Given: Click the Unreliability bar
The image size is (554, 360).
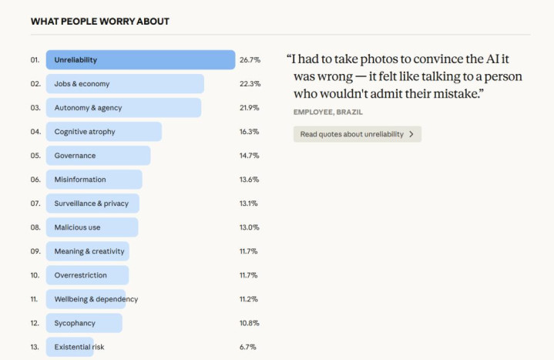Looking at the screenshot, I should point(140,60).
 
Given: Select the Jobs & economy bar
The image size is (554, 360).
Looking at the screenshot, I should point(124,84).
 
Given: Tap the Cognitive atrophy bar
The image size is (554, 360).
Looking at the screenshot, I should point(103,132).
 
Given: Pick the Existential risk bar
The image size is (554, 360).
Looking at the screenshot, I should point(69,347).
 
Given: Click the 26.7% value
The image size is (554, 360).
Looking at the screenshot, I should point(250,60).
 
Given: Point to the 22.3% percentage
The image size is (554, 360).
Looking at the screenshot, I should point(250,84).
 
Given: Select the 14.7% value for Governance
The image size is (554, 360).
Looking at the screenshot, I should point(250,156).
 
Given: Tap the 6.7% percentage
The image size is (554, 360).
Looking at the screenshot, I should point(247,347).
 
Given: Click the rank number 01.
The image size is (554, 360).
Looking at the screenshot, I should point(35,60).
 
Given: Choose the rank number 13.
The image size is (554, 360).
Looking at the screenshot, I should point(35,347).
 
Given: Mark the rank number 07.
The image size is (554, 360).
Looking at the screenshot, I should point(35,204).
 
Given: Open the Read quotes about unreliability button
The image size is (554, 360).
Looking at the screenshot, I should point(357,134).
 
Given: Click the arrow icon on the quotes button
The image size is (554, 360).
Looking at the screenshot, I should point(411,134).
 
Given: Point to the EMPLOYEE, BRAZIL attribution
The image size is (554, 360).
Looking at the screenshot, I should point(327,113).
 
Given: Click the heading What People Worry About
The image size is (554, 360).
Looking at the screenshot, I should point(100,21).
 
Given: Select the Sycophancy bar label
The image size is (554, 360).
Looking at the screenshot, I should point(76,323).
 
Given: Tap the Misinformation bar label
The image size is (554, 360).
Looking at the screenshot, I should point(80,180).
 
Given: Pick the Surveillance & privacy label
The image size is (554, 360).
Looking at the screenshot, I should point(91,204).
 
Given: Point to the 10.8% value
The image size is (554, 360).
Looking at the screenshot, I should point(250,323).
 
